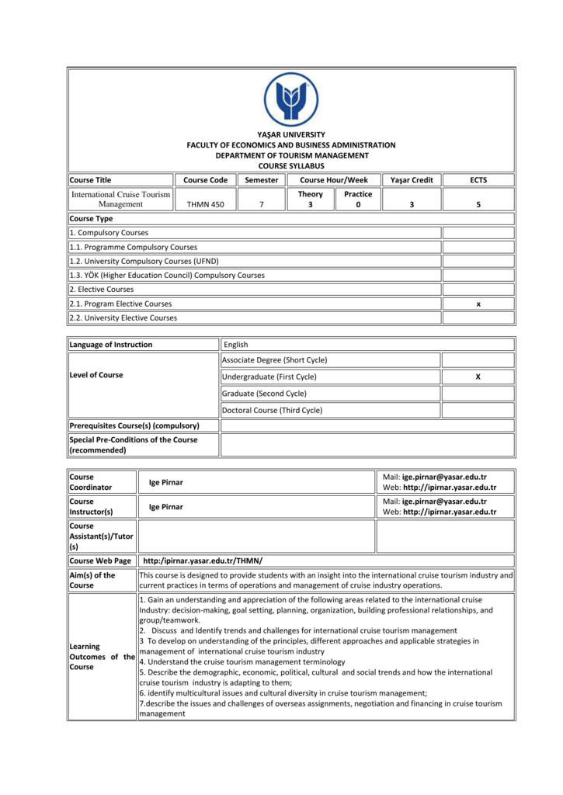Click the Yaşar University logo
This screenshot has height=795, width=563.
point(290,99)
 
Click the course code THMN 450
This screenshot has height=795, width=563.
point(205,205)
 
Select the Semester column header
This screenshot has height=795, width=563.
point(262,180)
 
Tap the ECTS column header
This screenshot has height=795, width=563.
point(478,180)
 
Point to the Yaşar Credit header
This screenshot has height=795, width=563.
point(412,180)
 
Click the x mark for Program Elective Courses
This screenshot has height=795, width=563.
point(478,304)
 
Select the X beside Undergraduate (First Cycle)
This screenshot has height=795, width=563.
point(478,377)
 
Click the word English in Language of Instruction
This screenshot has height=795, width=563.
point(235,345)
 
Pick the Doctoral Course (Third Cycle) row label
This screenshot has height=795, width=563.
point(272,410)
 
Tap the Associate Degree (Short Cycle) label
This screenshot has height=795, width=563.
point(274,360)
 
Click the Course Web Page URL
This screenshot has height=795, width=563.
point(203,561)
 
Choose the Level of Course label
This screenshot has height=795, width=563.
point(96,375)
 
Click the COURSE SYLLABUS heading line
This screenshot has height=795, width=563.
point(290,165)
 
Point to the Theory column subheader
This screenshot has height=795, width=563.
point(310,194)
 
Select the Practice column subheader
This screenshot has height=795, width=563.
point(358,194)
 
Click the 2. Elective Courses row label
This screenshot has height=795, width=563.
point(102,289)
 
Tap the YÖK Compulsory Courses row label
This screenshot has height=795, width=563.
point(167,275)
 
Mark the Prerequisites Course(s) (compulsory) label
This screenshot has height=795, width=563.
point(134,425)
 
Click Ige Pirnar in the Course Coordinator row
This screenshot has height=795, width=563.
point(166,482)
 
